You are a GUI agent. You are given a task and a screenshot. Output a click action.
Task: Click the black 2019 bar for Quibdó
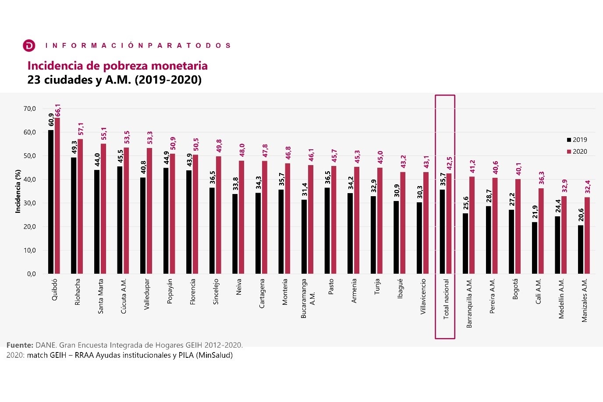pyautogui.click(x=50, y=202)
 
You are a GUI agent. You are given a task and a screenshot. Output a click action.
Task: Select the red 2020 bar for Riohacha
pyautogui.click(x=80, y=206)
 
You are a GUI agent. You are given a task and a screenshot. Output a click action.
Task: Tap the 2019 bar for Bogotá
pyautogui.click(x=511, y=242)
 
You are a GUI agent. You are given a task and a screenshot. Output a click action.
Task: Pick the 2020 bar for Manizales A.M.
pyautogui.click(x=587, y=236)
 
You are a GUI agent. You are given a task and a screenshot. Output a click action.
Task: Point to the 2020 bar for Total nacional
pyautogui.click(x=449, y=224)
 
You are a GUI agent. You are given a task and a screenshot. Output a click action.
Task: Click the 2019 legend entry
pyautogui.click(x=577, y=140)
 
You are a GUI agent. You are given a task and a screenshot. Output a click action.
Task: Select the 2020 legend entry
pyautogui.click(x=577, y=152)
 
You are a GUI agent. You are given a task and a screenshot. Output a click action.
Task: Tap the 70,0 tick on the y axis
pyautogui.click(x=30, y=109)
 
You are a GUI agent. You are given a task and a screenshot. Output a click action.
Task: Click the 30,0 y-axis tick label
pyautogui.click(x=30, y=203)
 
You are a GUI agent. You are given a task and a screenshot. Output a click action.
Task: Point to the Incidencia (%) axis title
pyautogui.click(x=18, y=191)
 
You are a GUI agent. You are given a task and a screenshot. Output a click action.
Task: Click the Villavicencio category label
pyautogui.click(x=423, y=296)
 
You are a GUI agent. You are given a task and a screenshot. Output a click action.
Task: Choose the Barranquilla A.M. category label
pyautogui.click(x=469, y=303)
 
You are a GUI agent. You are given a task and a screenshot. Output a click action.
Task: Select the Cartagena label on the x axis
pyautogui.click(x=262, y=293)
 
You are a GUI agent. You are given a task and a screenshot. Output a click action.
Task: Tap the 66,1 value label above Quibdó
pyautogui.click(x=58, y=111)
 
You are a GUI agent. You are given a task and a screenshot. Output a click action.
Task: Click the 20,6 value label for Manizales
pyautogui.click(x=581, y=215)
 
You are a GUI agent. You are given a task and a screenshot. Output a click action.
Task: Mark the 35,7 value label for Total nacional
pyautogui.click(x=443, y=179)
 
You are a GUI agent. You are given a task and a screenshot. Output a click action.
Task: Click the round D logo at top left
pyautogui.click(x=29, y=46)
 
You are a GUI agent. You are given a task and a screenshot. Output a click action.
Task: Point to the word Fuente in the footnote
pyautogui.click(x=20, y=345)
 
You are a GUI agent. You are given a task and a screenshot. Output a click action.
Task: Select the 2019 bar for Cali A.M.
pyautogui.click(x=535, y=248)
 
